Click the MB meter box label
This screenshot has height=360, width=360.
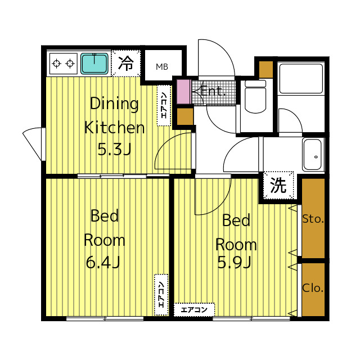(162, 67)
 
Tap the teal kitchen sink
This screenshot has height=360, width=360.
(94, 64)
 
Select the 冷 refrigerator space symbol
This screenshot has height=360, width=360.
(126, 64)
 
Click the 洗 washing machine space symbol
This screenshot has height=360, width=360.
(278, 185)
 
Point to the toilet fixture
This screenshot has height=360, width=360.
(255, 97)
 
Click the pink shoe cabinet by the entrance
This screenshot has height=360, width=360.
(184, 92)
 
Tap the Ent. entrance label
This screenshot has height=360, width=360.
(213, 91)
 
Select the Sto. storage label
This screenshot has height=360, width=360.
(313, 219)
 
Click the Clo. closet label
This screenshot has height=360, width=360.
(313, 288)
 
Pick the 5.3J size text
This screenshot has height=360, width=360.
(114, 150)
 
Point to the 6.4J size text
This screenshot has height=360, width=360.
(103, 263)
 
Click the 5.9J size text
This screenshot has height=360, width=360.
(234, 263)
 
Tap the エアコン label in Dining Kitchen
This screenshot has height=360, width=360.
(164, 105)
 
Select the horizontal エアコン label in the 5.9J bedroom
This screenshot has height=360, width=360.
(194, 310)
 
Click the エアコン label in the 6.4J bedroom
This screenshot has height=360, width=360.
(161, 295)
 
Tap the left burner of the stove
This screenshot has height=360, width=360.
(56, 63)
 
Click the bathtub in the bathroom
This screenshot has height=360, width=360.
(301, 79)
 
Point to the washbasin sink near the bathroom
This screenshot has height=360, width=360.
(312, 154)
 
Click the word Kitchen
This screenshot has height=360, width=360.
(114, 128)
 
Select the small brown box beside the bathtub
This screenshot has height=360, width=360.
(266, 69)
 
